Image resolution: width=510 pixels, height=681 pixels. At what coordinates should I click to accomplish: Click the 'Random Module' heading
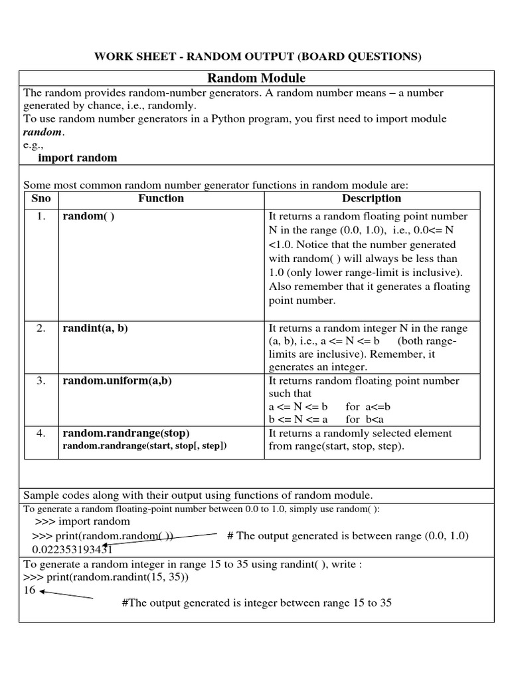point(256,78)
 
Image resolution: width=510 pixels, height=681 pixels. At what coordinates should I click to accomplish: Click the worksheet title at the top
point(256,56)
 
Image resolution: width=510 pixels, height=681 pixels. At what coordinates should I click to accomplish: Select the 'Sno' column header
point(41,199)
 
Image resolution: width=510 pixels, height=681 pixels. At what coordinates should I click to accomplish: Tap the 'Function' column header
point(161,199)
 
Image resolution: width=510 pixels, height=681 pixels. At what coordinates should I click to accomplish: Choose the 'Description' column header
point(371,199)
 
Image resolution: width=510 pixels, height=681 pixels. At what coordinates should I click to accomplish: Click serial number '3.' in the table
point(41,381)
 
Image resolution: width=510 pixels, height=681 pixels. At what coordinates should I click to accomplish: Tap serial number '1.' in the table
point(41,217)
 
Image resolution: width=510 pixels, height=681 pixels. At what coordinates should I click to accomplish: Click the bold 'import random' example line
point(77,158)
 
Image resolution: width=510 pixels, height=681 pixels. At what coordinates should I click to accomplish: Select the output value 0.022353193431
point(72,549)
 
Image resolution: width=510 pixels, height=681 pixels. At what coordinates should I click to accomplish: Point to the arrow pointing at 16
point(66,595)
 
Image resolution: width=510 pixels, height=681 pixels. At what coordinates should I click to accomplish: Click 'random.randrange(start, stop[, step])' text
point(144,446)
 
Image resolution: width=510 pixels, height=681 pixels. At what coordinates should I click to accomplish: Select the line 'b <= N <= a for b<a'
point(326,419)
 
